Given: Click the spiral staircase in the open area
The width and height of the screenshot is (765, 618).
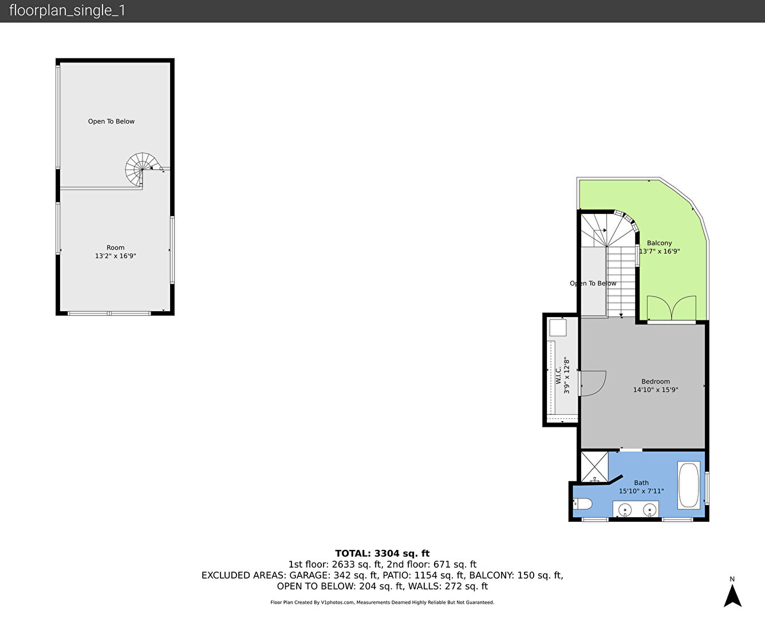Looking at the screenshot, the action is coord(141,169).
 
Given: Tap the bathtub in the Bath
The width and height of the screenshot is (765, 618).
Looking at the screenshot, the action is coord(688,485).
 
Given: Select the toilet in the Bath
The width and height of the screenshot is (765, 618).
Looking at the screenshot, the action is coord(582,504).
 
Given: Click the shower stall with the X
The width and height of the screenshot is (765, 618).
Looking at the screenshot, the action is coord(594,466).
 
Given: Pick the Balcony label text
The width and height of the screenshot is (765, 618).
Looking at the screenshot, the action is coord(659,243).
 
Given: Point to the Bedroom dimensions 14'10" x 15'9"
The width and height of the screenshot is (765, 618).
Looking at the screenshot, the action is coord(656,390).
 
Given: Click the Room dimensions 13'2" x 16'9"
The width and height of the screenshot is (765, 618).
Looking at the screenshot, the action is coord(115,256).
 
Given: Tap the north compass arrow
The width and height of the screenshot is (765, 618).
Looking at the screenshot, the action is coord(732,596).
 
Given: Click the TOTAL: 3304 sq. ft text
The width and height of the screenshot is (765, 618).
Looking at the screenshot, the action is coord(382,553).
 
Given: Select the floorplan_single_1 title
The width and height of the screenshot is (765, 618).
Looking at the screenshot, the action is coord(67,11).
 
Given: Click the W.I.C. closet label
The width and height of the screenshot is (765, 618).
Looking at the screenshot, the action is coord(558,375).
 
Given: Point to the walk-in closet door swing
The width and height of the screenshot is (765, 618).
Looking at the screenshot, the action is coord(593,383).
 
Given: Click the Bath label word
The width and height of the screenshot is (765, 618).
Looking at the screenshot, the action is coord(641,483).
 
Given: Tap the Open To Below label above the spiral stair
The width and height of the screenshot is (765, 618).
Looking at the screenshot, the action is coord(111,121).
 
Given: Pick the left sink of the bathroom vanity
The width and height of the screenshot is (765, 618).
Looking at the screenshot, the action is coord(625,510).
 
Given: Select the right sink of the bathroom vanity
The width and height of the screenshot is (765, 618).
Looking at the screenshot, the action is coord(650,510).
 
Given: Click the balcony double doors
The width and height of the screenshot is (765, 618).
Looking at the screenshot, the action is coord(671,308).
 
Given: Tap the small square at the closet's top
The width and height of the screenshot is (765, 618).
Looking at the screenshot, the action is coord(558,328).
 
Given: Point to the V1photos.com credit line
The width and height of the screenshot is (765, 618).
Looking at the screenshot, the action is coord(382,603).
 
